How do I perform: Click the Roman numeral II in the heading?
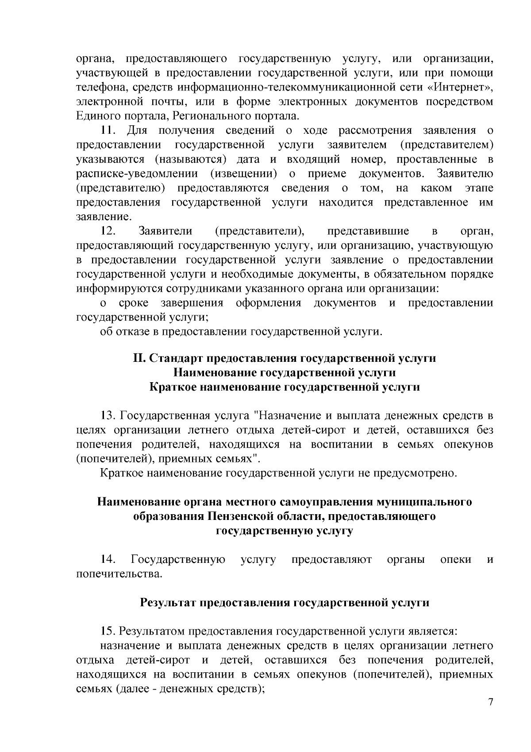139,358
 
